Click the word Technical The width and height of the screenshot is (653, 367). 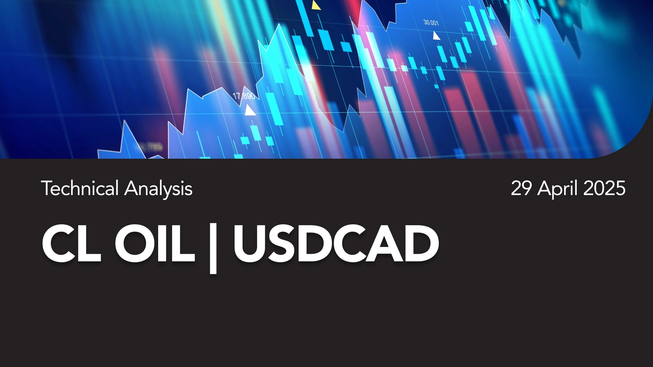tap(80, 188)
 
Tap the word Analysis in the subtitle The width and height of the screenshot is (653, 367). tap(158, 189)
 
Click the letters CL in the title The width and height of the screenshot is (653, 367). tap(71, 243)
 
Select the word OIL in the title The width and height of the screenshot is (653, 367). tap(155, 243)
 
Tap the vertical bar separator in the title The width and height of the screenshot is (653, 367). tap(213, 248)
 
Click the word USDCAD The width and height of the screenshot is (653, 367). tap(336, 243)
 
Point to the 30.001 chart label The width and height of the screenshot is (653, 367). tap(431, 23)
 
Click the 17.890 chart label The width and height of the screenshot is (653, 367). tap(244, 96)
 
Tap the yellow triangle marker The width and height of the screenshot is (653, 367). tap(316, 5)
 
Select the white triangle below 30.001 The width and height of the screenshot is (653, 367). tap(436, 36)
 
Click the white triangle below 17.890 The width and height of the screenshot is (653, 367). tap(250, 110)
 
